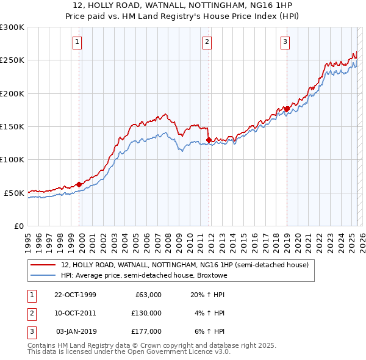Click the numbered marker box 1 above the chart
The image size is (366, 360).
pyautogui.click(x=78, y=42)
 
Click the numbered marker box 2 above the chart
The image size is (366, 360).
pyautogui.click(x=207, y=42)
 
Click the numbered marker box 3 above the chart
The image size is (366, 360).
pyautogui.click(x=285, y=42)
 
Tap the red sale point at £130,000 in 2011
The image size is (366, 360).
pyautogui.click(x=209, y=140)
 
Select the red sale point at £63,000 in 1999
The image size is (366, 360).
pyautogui.click(x=79, y=184)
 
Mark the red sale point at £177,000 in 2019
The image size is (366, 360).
pyautogui.click(x=287, y=109)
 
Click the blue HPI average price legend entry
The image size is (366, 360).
pyautogui.click(x=143, y=275)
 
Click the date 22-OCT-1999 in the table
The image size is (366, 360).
pyautogui.click(x=75, y=295)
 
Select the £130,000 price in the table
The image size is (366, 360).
pyautogui.click(x=146, y=313)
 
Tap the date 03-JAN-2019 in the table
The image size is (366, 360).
pyautogui.click(x=76, y=331)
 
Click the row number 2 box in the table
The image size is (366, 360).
pyautogui.click(x=30, y=313)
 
